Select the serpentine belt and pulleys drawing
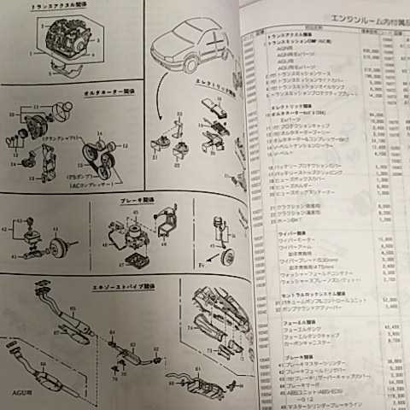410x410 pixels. pyautogui.click(x=102, y=154)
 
